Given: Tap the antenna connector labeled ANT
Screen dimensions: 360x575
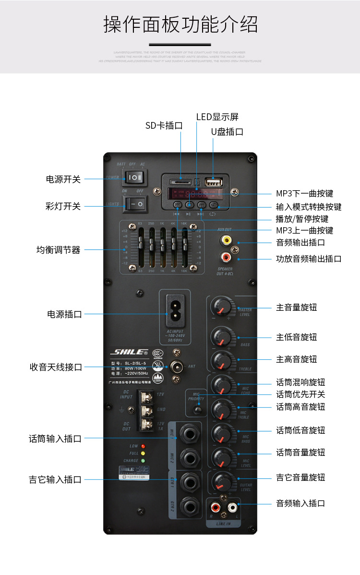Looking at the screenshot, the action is (177, 367).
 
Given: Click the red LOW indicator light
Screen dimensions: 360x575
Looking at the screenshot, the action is (143, 446).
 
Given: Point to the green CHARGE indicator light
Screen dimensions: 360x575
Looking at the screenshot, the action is (143, 461).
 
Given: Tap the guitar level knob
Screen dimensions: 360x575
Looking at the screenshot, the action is (221, 480).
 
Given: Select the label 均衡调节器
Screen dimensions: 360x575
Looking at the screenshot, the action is (59, 250).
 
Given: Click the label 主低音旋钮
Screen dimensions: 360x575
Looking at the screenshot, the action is (296, 337).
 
